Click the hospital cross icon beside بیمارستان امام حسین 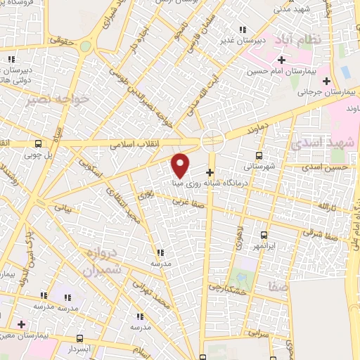[281, 60]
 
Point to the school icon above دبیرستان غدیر [243, 30]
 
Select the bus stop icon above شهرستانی [259, 155]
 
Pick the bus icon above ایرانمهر [264, 236]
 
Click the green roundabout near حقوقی [86, 46]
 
